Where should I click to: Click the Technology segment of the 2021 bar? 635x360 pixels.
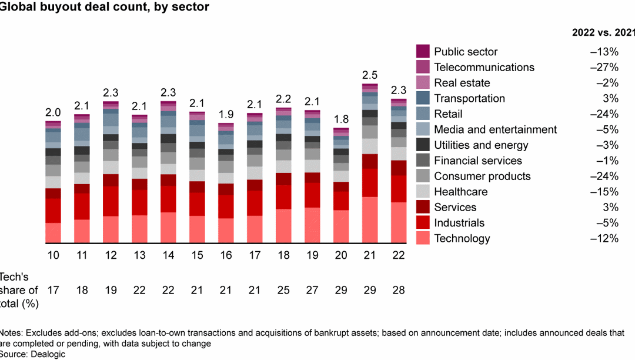(x=370, y=220)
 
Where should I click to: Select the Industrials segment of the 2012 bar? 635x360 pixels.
(x=111, y=201)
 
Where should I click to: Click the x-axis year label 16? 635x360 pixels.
(x=226, y=256)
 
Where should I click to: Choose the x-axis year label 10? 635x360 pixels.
(x=53, y=256)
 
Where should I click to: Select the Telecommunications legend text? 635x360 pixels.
(x=484, y=67)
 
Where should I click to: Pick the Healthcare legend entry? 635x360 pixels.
(x=460, y=192)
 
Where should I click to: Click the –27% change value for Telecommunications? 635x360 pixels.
(x=604, y=67)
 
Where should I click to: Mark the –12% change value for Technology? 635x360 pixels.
(x=604, y=238)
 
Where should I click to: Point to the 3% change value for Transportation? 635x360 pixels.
(x=610, y=98)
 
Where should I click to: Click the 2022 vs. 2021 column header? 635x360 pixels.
(x=603, y=33)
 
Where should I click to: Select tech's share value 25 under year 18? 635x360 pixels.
(x=283, y=291)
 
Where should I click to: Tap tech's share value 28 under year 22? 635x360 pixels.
(x=399, y=291)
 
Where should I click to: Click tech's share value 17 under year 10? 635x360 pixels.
(x=53, y=291)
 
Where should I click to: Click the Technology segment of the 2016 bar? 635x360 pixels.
(x=226, y=231)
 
